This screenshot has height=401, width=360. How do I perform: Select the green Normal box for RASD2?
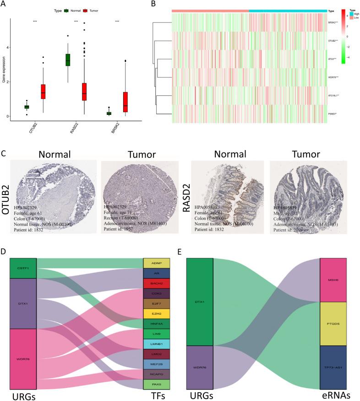[68, 60]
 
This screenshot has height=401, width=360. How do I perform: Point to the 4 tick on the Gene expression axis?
[13, 48]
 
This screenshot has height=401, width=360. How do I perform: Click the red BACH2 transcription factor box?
[157, 284]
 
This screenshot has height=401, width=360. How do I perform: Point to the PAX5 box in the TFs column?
[157, 384]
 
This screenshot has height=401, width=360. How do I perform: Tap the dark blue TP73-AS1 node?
[333, 367]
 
